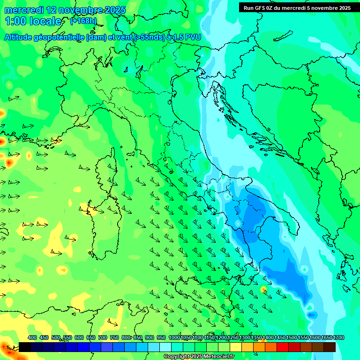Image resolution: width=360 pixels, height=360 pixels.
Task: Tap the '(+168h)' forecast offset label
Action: tap(83, 21)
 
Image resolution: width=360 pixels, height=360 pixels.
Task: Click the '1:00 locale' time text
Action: tap(33, 21)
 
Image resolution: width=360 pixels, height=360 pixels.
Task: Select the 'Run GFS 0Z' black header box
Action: tap(297, 8)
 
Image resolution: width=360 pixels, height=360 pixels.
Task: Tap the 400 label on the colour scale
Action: tap(32, 337)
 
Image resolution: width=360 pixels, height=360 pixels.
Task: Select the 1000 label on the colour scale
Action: tap(174, 337)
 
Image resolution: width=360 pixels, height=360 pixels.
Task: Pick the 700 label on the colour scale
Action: tap(103, 337)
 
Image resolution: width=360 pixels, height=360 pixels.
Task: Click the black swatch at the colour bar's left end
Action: tap(25, 347)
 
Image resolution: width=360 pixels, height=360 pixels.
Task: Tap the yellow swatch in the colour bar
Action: tap(236, 347)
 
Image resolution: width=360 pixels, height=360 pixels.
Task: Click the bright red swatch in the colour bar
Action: tap(283, 347)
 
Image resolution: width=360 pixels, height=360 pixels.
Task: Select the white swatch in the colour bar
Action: tap(165, 347)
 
